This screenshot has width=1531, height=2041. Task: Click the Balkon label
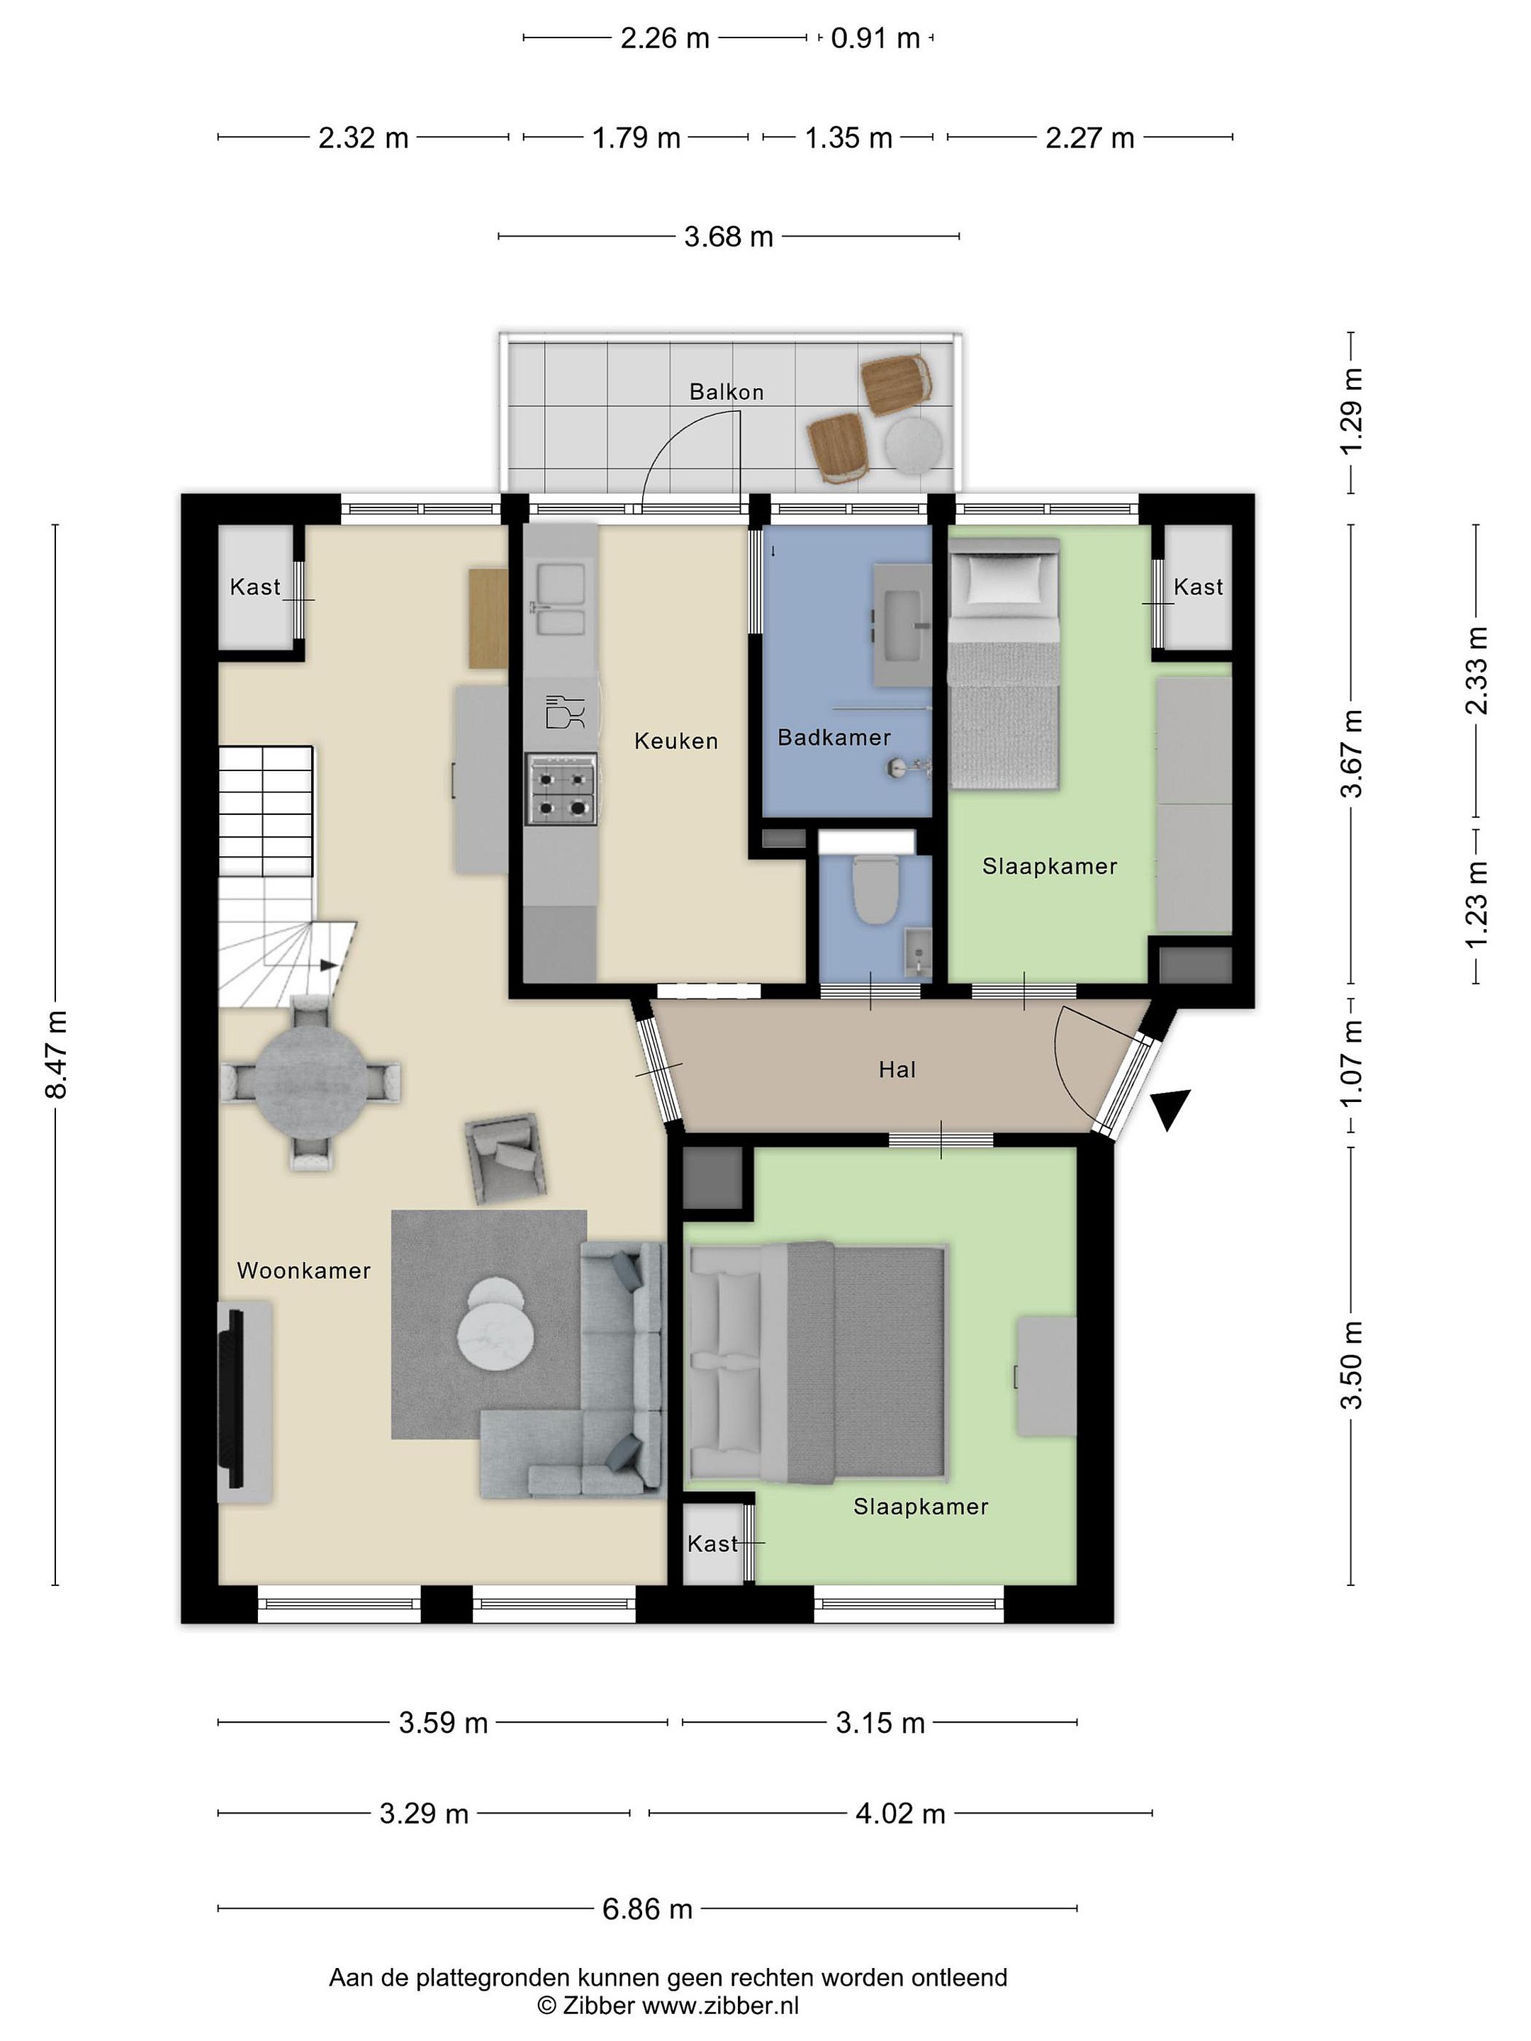[727, 392]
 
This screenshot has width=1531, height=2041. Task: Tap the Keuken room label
[675, 741]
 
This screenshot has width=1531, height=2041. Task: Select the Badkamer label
[834, 737]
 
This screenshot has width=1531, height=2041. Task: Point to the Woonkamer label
[303, 1271]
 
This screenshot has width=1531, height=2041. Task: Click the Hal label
[897, 1069]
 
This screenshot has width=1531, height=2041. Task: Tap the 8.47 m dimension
[56, 1054]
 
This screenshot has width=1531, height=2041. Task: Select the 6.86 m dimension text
[647, 1908]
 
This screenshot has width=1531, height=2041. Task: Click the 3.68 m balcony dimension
[728, 237]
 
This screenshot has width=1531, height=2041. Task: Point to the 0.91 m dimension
[876, 38]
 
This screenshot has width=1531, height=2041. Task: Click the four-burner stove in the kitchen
[561, 789]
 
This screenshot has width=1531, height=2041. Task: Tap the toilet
[874, 890]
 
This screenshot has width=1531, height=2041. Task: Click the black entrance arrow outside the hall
[1170, 1107]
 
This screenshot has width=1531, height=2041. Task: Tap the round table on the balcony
[914, 445]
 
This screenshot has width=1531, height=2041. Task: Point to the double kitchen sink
[559, 600]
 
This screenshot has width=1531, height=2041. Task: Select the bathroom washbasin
[901, 626]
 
